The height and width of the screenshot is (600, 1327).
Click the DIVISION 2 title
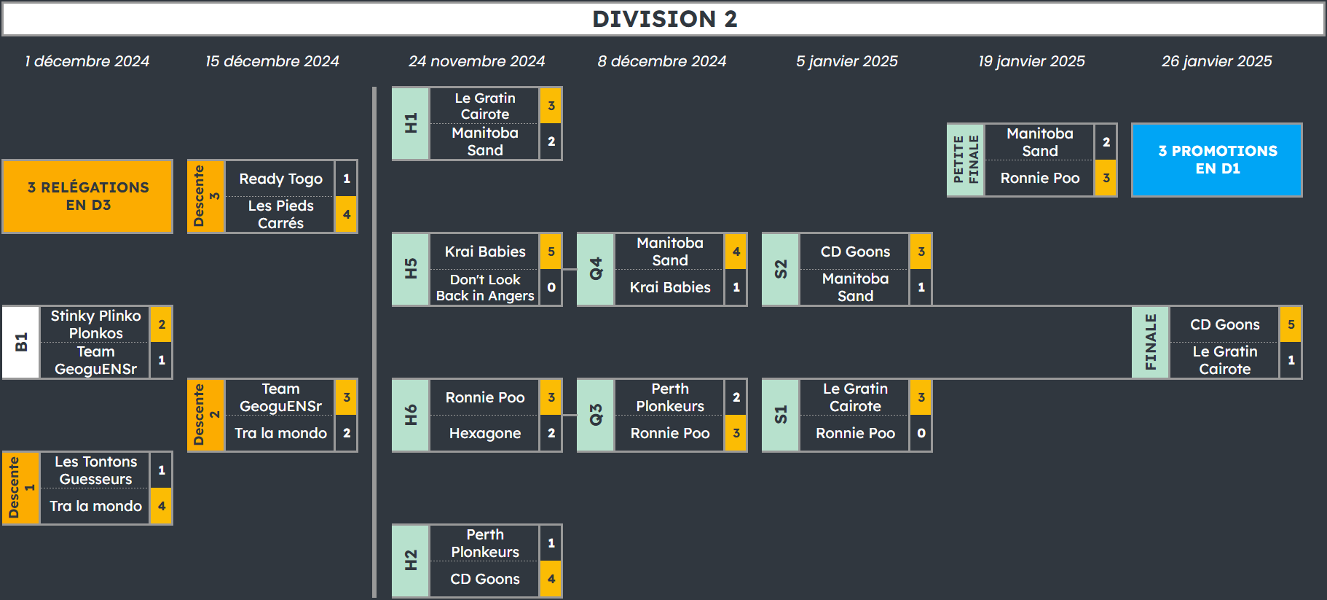[664, 19]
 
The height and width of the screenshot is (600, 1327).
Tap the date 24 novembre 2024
[476, 61]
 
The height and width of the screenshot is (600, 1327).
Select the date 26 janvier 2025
[1216, 61]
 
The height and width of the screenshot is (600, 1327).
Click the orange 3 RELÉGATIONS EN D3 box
[87, 196]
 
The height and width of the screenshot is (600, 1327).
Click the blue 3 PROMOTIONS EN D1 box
[1217, 160]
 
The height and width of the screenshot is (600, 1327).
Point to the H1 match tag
[411, 123]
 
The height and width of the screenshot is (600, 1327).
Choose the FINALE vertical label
[1151, 342]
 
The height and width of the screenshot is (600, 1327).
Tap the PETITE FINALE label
[966, 160]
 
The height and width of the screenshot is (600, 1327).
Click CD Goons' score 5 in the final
[1291, 324]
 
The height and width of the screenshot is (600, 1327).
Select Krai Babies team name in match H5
[485, 252]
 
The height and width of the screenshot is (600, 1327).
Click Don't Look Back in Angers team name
[485, 287]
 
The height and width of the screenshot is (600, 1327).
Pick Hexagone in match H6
[485, 433]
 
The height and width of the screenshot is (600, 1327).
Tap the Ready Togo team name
[281, 179]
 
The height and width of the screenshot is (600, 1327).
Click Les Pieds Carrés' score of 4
[347, 214]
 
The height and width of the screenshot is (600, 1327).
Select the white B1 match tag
[21, 342]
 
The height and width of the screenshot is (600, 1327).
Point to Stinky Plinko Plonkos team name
[95, 324]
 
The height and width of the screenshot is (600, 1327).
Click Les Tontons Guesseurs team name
[95, 470]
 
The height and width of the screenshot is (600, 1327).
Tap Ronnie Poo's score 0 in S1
[921, 433]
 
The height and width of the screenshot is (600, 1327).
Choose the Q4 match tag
[596, 269]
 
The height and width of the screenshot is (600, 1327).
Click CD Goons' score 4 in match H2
[551, 579]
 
